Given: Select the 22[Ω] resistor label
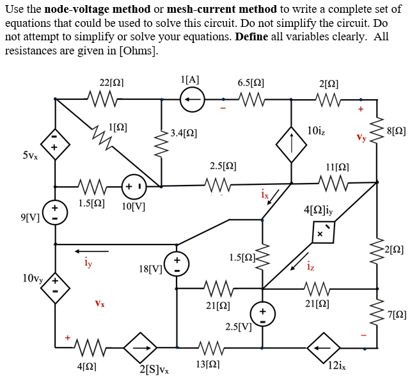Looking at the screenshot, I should [x=112, y=83].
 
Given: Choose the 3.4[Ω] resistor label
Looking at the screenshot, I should [x=184, y=134].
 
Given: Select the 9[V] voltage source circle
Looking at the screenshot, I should [x=54, y=214].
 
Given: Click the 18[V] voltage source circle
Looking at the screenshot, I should [x=177, y=264].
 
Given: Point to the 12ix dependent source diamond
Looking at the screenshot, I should [x=323, y=349].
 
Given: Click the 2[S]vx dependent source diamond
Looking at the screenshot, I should [x=140, y=349].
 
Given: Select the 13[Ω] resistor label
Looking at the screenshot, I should [x=209, y=365].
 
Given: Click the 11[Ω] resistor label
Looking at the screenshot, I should [x=337, y=166].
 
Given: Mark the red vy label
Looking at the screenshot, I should [x=361, y=136].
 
